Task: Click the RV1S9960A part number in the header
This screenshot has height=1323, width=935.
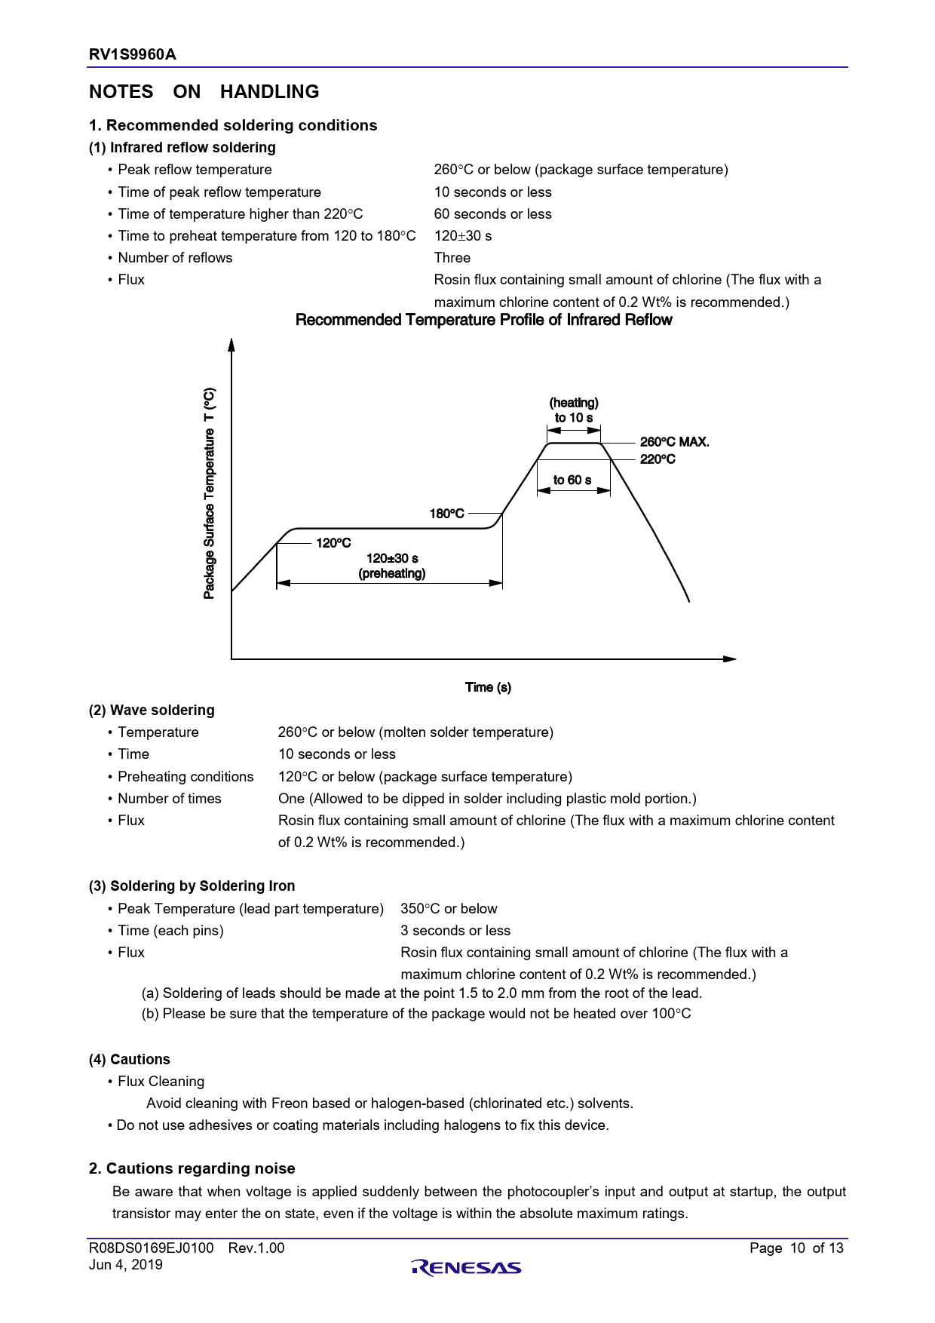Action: click(133, 54)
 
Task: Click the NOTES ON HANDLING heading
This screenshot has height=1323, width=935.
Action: click(204, 92)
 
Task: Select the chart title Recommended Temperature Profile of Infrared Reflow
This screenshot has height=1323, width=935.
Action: click(483, 320)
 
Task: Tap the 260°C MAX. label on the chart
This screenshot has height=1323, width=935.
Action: click(674, 442)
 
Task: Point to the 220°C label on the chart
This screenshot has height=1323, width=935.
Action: click(658, 459)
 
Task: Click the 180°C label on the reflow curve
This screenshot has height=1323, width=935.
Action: click(446, 514)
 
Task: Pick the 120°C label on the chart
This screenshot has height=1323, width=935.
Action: click(333, 543)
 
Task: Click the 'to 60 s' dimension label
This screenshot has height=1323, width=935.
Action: click(572, 480)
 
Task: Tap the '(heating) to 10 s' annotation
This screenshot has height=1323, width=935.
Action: click(574, 410)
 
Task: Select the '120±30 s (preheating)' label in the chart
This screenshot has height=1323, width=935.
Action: click(392, 566)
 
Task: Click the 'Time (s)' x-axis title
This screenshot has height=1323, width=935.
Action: click(488, 687)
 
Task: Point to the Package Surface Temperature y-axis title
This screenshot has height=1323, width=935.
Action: click(210, 493)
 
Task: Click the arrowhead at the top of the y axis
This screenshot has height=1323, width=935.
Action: click(231, 344)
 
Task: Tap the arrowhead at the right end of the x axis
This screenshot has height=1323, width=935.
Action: click(730, 658)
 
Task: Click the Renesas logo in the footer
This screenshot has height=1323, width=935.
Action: click(467, 1267)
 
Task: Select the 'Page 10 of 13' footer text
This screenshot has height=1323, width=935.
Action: click(796, 1248)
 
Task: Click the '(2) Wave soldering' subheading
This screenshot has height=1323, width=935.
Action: click(152, 710)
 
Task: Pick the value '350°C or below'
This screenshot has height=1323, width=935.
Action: click(449, 908)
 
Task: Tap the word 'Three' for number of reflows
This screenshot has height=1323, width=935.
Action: click(452, 258)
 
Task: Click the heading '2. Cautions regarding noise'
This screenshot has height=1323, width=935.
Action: click(192, 1168)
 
